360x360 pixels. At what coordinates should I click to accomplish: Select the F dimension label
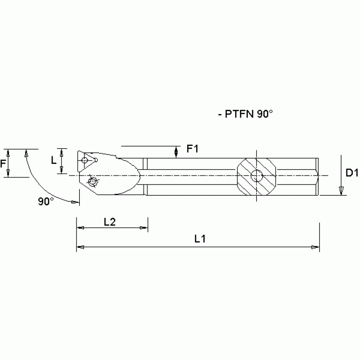[x=4, y=164]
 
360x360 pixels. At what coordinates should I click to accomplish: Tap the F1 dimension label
[x=192, y=149]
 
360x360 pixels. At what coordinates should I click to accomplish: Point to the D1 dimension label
[x=352, y=173]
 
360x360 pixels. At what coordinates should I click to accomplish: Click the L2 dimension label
[x=109, y=222]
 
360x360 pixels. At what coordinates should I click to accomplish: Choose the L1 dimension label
[x=200, y=238]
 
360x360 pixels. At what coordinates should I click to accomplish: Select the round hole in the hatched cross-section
[x=257, y=176]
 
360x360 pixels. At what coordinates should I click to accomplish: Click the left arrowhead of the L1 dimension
[x=80, y=247]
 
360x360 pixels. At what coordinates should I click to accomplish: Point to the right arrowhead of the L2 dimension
[x=144, y=228]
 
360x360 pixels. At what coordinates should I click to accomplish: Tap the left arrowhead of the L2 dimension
[x=80, y=228]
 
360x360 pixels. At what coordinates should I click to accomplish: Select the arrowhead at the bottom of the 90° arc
[x=75, y=202]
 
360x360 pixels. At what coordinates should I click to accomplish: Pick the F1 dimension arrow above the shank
[x=176, y=152]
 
